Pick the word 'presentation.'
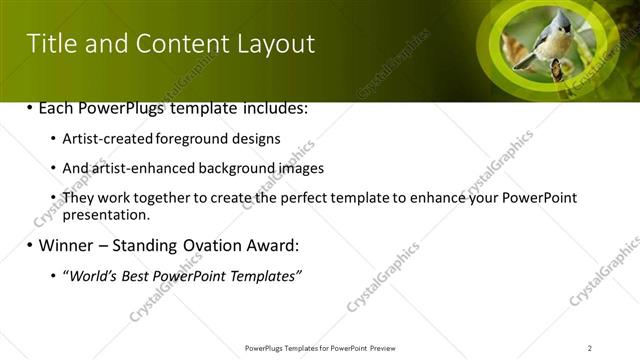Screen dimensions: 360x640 106,214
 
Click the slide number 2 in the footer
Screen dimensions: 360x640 590,347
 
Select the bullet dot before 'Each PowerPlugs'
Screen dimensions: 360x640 29,108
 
